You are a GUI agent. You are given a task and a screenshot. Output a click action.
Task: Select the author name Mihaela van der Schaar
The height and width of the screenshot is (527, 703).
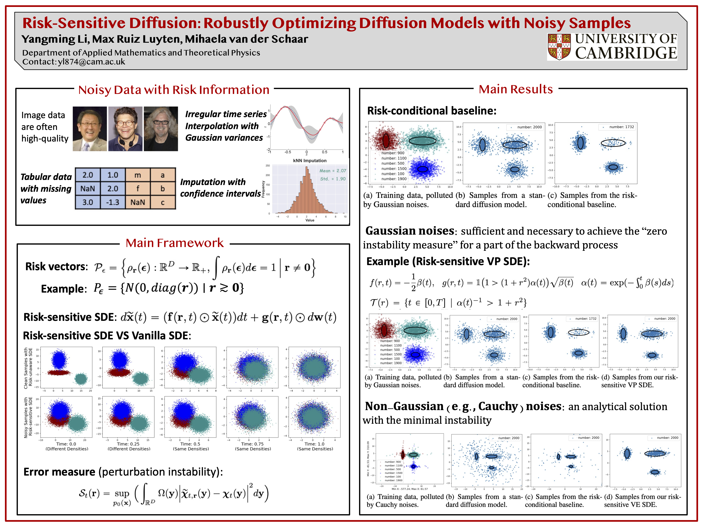[246, 39]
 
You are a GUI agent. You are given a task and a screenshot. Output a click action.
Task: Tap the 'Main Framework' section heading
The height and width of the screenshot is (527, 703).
[175, 243]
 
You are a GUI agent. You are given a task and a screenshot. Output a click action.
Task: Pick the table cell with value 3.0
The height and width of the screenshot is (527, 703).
[87, 202]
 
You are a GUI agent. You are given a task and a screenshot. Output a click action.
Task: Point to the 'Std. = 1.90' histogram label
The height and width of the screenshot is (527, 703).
[333, 179]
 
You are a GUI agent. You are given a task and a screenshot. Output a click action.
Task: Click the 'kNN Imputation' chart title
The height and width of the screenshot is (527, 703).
[310, 161]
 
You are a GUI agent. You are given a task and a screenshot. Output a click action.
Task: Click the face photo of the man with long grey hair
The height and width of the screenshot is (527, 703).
[161, 129]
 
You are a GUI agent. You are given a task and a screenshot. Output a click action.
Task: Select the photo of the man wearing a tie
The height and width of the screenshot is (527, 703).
[90, 129]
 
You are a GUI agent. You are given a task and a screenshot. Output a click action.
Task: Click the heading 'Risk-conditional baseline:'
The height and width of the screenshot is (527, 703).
[432, 111]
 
